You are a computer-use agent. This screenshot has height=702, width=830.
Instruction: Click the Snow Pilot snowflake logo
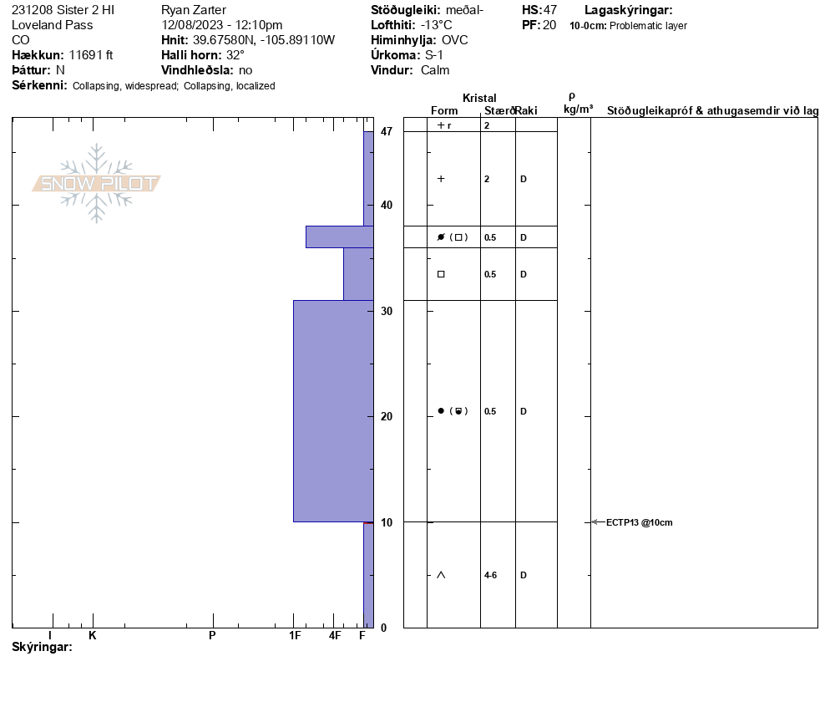96,183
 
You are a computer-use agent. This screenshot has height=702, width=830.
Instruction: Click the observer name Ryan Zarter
194,10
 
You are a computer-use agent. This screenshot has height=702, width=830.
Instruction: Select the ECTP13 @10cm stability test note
639,522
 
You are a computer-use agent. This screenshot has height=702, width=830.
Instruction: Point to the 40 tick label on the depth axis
387,205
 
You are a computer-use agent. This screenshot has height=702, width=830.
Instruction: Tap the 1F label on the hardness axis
295,635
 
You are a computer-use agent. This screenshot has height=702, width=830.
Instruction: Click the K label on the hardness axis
92,635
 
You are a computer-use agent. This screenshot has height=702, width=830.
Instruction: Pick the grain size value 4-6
490,575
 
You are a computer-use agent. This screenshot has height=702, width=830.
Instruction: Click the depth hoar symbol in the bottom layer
441,575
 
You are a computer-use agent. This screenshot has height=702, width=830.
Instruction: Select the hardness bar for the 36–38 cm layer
340,237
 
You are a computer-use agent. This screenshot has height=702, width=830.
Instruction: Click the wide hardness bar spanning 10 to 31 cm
333,411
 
